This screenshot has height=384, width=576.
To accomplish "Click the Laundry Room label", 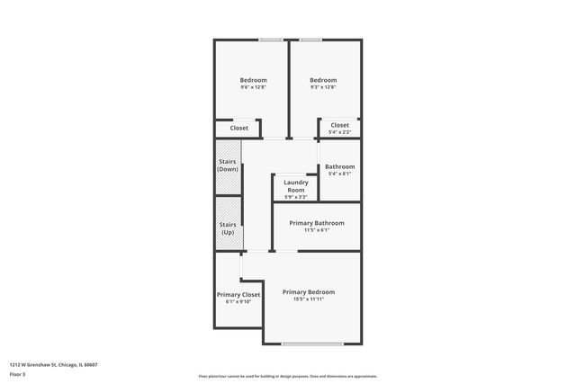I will click(296, 186).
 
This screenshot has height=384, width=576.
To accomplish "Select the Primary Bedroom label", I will click(309, 292).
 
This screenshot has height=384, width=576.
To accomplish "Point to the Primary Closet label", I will click(238, 295).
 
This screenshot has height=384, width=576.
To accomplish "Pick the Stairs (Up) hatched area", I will click(228, 229).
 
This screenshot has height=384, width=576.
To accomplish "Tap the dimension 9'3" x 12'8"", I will click(323, 87).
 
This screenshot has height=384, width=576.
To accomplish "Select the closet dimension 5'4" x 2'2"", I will click(339, 132).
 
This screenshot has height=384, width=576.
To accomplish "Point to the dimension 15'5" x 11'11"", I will click(309, 299).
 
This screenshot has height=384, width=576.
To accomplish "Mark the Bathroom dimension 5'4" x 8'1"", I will click(339, 174).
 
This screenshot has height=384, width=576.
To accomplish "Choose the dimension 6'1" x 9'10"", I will click(238, 302).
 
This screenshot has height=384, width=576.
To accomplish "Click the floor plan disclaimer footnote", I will click(288, 376).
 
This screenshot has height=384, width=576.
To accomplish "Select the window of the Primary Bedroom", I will click(312, 344).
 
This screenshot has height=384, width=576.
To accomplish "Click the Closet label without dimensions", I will click(239, 128).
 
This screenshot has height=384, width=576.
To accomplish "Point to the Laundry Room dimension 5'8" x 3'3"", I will click(296, 197).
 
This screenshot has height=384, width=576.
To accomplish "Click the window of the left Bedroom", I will click(270, 40).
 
